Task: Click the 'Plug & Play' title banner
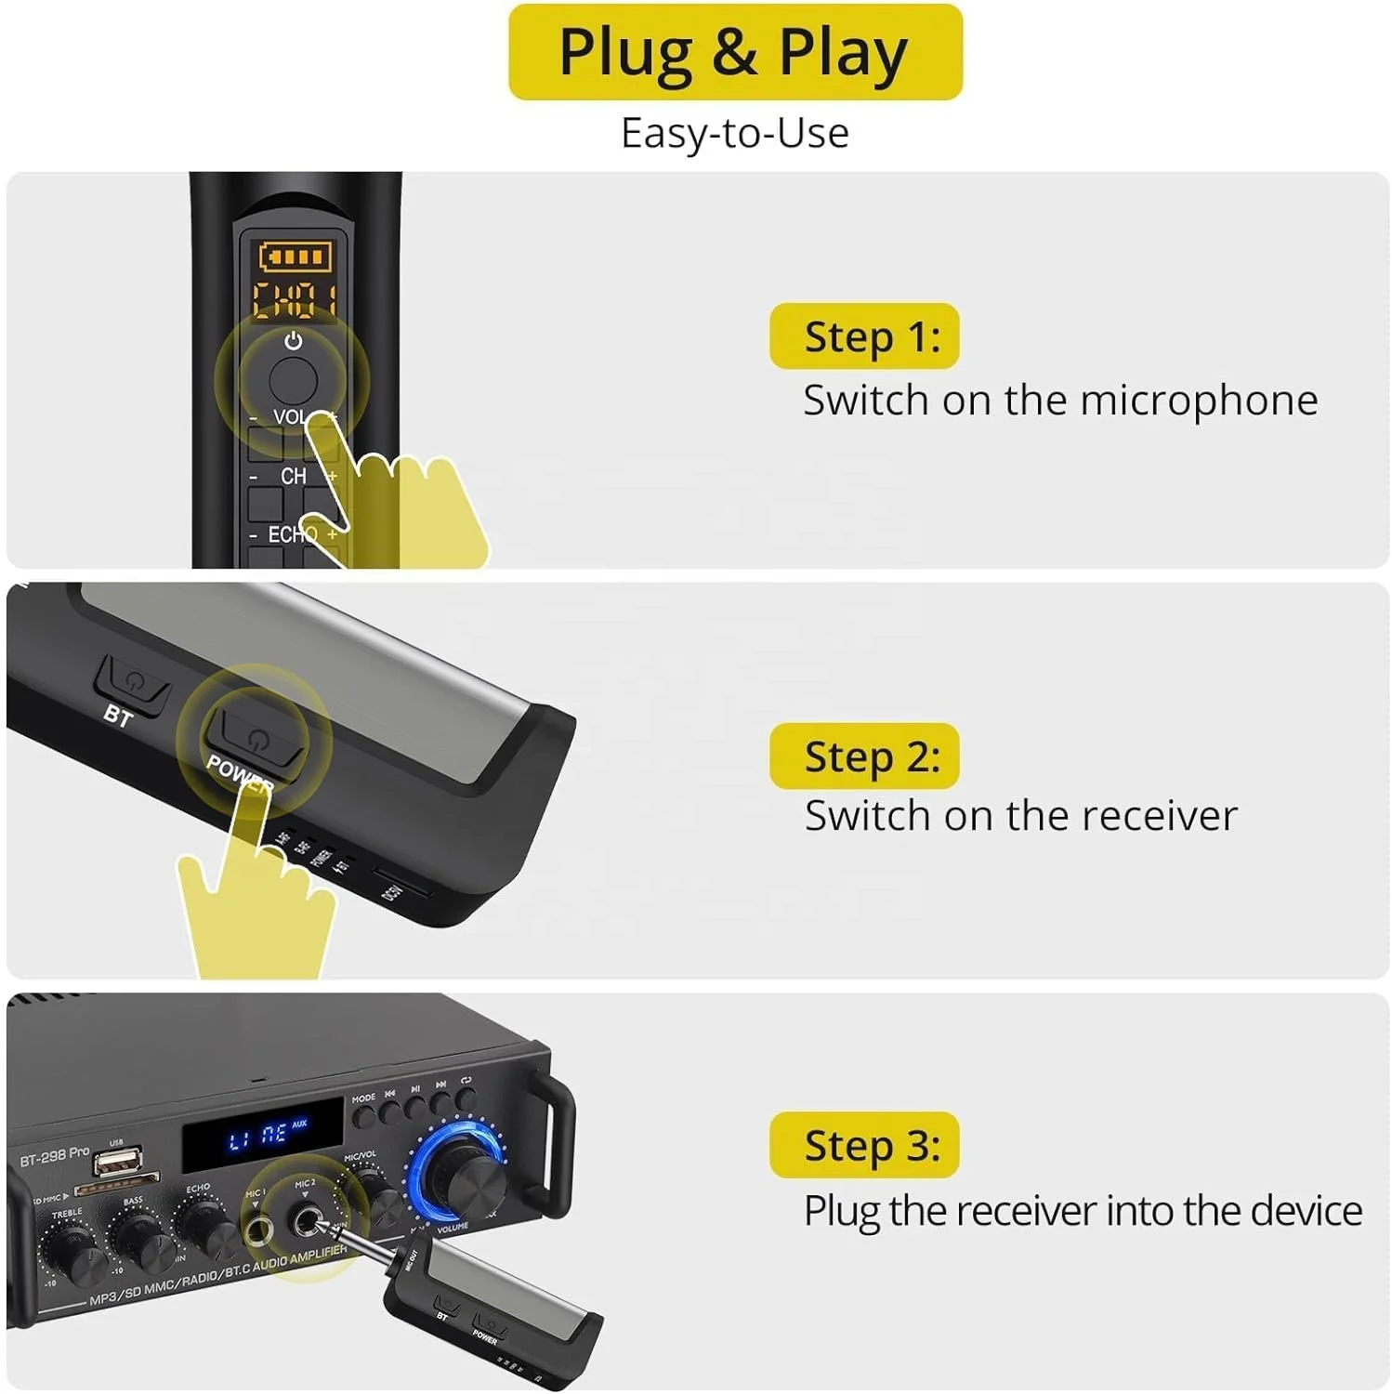pos(734,52)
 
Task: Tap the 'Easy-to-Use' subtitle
pos(734,133)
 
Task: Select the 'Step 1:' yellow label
pos(864,336)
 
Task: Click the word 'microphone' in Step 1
pos(1199,401)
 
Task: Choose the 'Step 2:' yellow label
pos(864,756)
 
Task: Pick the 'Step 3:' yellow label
pos(864,1145)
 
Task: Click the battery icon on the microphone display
pos(295,256)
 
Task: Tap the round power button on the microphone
pos(293,379)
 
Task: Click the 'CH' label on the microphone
pos(293,476)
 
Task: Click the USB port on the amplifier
pos(118,1162)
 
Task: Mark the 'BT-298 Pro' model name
pos(55,1156)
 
